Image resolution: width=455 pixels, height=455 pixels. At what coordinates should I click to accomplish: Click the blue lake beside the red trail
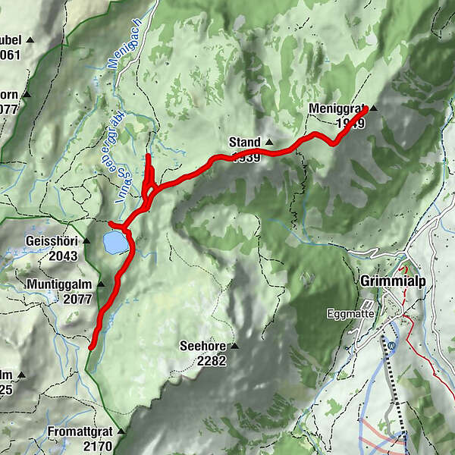pyautogui.click(x=115, y=243)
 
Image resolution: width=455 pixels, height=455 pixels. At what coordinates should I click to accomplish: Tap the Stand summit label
pyautogui.click(x=244, y=142)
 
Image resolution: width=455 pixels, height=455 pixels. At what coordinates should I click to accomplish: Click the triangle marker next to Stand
pyautogui.click(x=269, y=142)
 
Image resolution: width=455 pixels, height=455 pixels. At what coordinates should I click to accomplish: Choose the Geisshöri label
pyautogui.click(x=52, y=241)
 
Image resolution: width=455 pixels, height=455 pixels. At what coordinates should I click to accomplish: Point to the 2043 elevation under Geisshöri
pyautogui.click(x=62, y=256)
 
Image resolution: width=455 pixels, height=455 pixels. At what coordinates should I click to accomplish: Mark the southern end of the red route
pyautogui.click(x=91, y=347)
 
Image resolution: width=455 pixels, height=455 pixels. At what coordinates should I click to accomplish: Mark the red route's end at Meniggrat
pyautogui.click(x=365, y=110)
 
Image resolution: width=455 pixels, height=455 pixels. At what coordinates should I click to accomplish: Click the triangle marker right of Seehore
pyautogui.click(x=235, y=346)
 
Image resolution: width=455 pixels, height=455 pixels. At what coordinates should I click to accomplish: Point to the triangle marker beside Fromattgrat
pyautogui.click(x=120, y=431)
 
